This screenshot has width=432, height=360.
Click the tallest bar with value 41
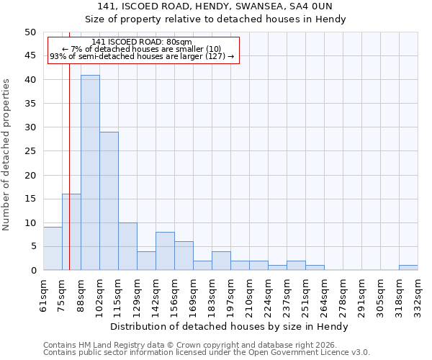click(x=90, y=173)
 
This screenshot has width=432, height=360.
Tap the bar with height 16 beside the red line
click(x=71, y=232)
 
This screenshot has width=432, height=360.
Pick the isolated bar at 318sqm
click(x=408, y=268)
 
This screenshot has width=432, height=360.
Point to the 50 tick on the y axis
click(x=30, y=32)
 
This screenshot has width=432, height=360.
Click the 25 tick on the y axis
click(x=30, y=151)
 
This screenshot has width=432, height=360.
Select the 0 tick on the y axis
click(x=32, y=270)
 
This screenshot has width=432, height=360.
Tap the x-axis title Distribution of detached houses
click(x=230, y=326)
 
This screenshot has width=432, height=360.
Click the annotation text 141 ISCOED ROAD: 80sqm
click(x=142, y=42)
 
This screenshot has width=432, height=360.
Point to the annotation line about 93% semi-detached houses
click(x=142, y=56)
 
